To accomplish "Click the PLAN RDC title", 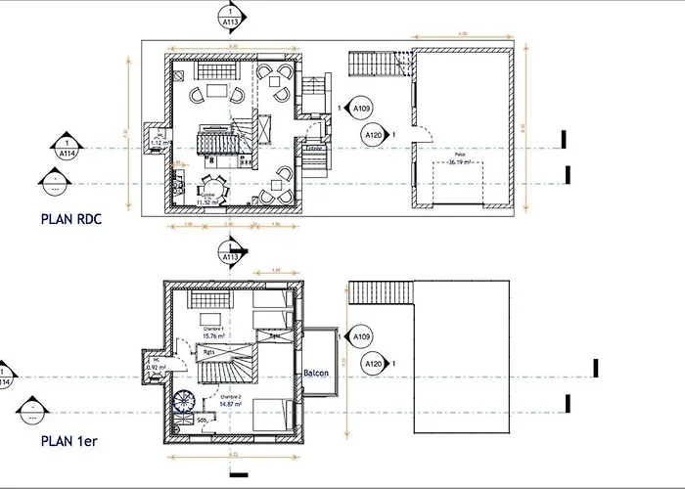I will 71,219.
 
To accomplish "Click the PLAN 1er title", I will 68,441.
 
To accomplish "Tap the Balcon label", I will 315,373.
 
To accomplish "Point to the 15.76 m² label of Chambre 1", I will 214,335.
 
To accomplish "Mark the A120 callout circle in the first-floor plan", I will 373,365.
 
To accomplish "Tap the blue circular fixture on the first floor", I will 184,401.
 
